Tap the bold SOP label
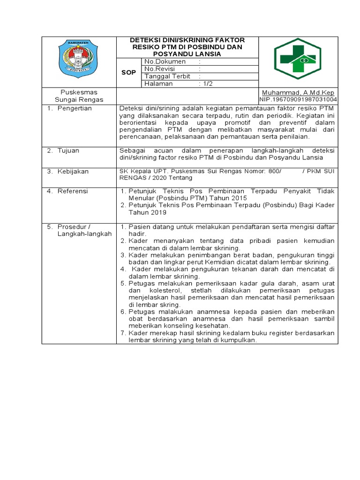coord(128,73)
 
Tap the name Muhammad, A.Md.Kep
coord(298,93)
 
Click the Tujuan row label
coord(68,150)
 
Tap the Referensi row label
coord(73,191)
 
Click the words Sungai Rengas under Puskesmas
coord(79,100)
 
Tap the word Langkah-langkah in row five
coord(84,234)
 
